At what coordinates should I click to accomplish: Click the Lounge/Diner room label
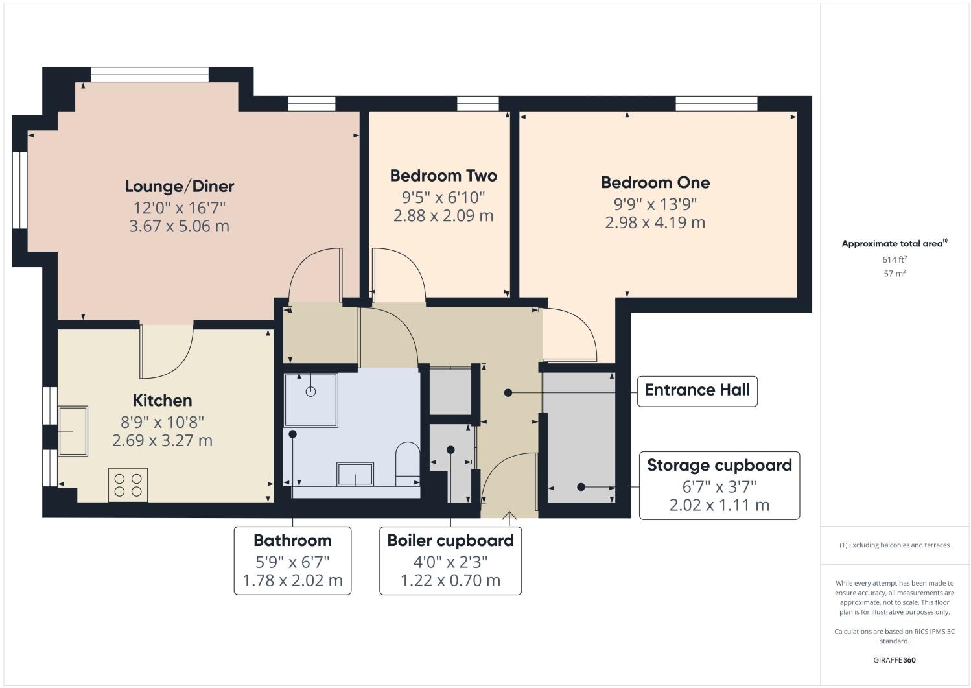coord(179,186)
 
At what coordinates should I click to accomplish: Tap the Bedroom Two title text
coord(443,176)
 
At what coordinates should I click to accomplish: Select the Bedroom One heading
coord(655,183)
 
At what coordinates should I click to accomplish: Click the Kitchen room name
coord(162,401)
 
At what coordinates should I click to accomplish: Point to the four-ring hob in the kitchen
coord(128,485)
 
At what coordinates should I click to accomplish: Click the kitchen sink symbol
coord(73,431)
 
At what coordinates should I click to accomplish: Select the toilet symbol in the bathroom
coord(408,461)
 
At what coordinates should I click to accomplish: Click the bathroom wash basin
coord(355,473)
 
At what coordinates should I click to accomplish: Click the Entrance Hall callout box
coord(697,390)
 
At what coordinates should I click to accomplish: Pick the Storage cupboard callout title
coord(719,466)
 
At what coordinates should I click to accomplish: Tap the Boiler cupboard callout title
coord(450,541)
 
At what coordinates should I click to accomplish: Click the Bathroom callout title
coord(292,541)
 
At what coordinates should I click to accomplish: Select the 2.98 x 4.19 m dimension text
coord(655,223)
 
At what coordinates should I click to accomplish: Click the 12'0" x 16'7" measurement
coord(179,208)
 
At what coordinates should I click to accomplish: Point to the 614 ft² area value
coord(894,259)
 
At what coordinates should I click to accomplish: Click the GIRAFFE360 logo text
coord(894,661)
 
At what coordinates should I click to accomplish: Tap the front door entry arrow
coord(509,517)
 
